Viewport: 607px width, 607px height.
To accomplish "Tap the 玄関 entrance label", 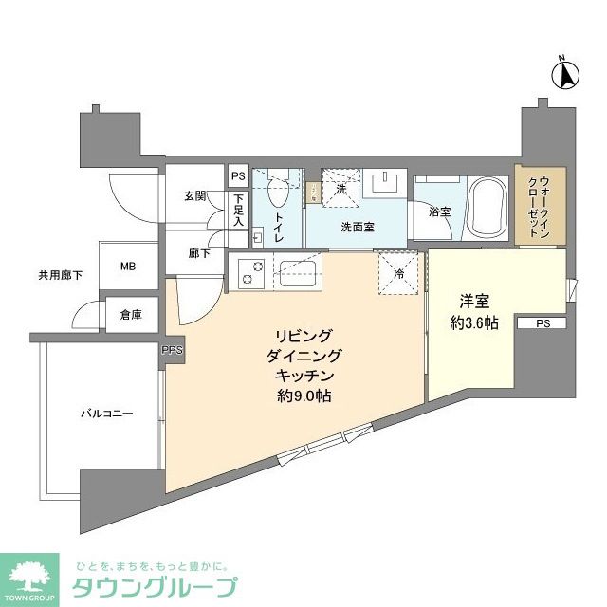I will [195, 196].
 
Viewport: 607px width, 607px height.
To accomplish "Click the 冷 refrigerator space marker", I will [397, 272].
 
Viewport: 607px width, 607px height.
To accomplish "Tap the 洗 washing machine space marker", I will [341, 190].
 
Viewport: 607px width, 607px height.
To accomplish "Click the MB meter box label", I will [128, 267].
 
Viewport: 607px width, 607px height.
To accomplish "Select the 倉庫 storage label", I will [131, 316].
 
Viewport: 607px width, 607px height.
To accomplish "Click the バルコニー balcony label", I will [105, 414].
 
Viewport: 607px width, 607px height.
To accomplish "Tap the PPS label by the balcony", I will [172, 351].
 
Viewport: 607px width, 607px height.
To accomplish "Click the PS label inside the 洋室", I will [542, 323].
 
